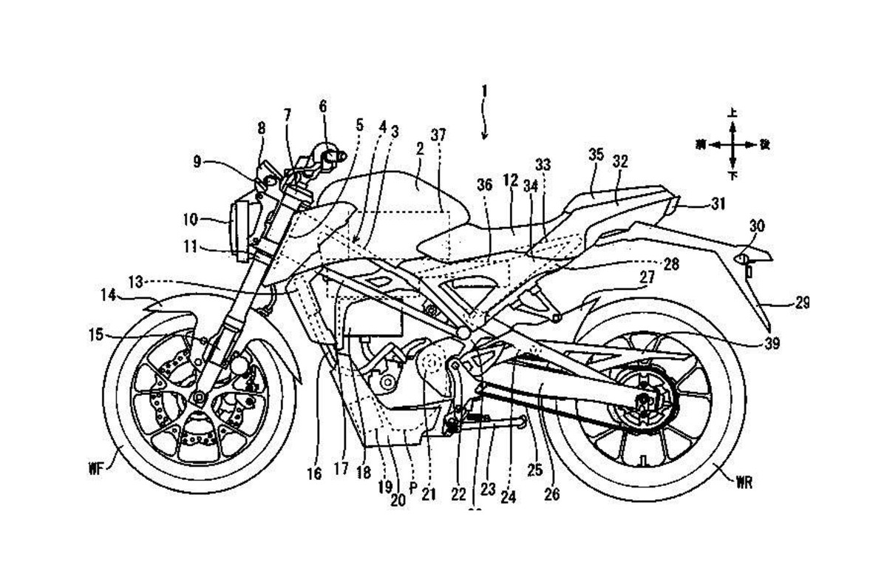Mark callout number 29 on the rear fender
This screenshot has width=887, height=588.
(781, 302)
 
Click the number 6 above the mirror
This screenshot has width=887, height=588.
(322, 106)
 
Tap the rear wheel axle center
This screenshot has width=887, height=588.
(645, 400)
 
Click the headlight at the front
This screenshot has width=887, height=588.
(241, 230)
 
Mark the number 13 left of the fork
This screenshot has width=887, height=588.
(135, 281)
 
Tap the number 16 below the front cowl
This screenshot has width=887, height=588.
(314, 474)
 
